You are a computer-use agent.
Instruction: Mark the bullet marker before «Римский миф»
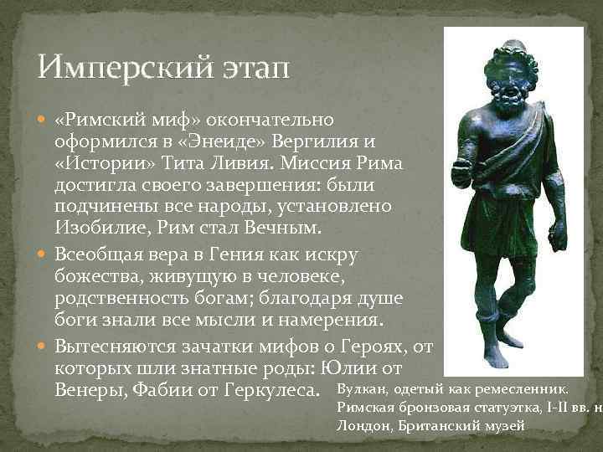(45, 118)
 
